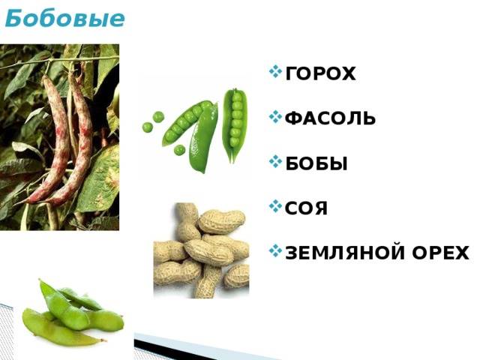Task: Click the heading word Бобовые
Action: (x=65, y=18)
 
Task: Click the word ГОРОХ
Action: (x=320, y=73)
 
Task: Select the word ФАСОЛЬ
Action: (x=330, y=118)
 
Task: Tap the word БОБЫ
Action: (x=316, y=163)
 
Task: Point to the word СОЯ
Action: (x=307, y=208)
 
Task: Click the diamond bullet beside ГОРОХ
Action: (x=275, y=72)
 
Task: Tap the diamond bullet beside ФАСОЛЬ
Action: (x=275, y=117)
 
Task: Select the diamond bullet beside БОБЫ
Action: (x=275, y=162)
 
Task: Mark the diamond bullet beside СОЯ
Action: (x=275, y=207)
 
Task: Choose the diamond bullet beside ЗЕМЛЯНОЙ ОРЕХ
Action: (x=275, y=251)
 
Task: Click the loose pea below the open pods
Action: (x=179, y=150)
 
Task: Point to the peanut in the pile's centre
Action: (x=208, y=252)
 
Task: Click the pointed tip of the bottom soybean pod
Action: (x=105, y=340)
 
